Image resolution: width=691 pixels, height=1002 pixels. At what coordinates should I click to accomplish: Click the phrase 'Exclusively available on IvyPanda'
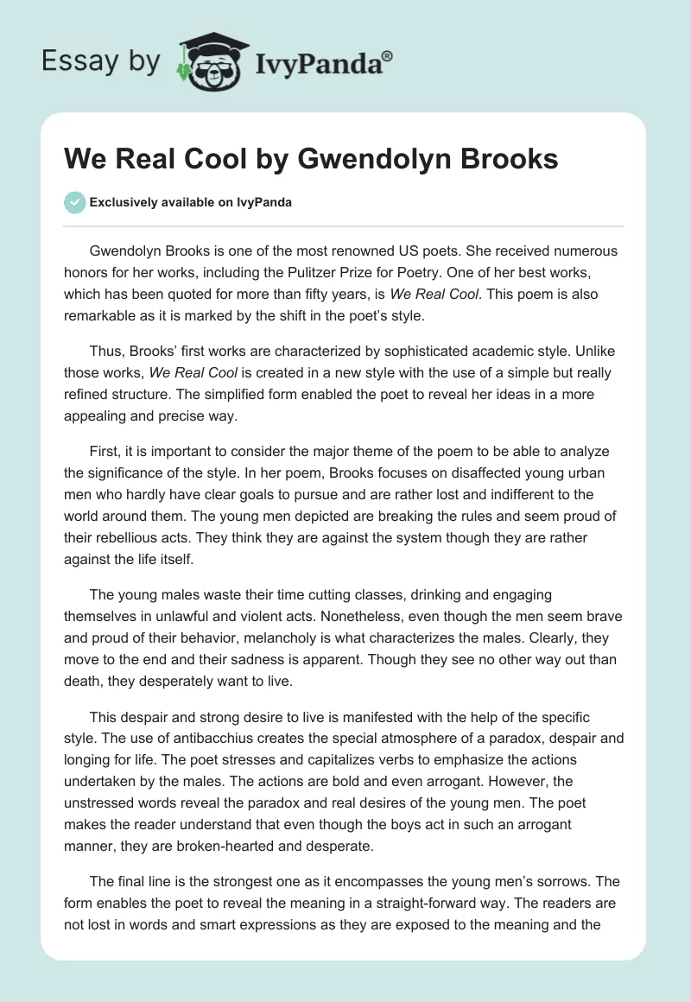point(191,203)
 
